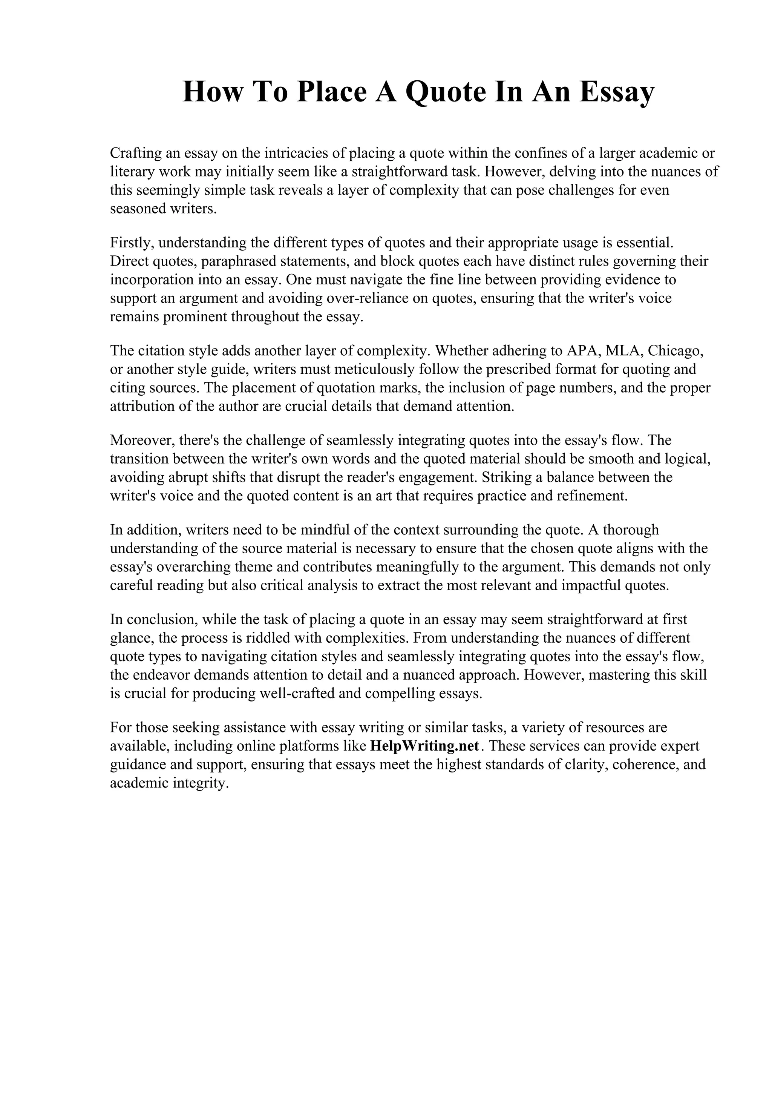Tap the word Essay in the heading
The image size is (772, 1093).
click(x=616, y=92)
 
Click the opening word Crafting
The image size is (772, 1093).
click(x=135, y=153)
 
